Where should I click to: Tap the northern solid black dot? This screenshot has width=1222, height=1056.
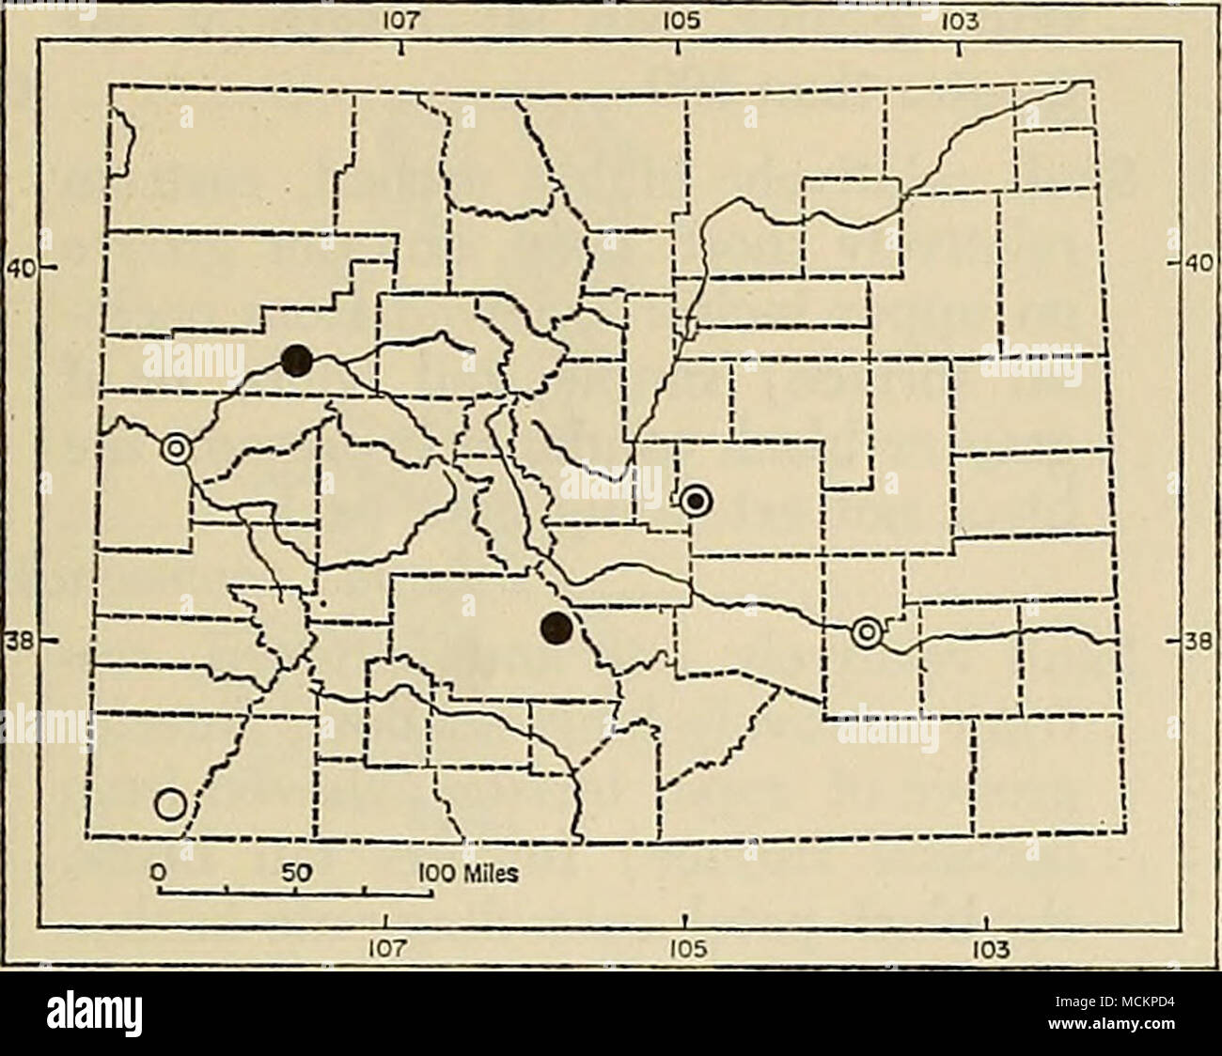pyautogui.click(x=298, y=358)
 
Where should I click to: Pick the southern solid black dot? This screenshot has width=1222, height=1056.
pyautogui.click(x=557, y=628)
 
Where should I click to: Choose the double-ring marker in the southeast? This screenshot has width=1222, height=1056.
pyautogui.click(x=867, y=633)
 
